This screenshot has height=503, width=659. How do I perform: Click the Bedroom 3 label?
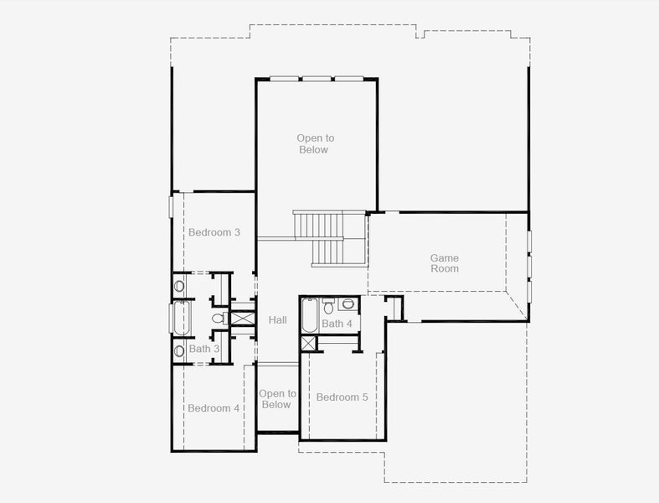[x=214, y=232]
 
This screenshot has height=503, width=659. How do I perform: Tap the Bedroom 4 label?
[x=214, y=408]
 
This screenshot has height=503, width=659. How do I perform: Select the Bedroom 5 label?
[x=342, y=397]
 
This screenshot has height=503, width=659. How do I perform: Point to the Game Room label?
[x=445, y=263]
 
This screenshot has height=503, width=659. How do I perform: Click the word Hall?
[x=277, y=320]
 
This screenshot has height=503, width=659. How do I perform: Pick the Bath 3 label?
[x=203, y=349]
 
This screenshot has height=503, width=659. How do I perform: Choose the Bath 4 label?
[x=337, y=324]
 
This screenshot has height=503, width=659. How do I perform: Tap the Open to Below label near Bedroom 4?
[x=277, y=399]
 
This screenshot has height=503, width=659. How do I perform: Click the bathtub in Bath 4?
[x=309, y=316]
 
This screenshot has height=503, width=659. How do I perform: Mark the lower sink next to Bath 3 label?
[x=179, y=350]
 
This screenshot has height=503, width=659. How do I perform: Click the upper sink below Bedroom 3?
[x=179, y=286]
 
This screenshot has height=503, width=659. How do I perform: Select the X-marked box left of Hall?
[x=242, y=319]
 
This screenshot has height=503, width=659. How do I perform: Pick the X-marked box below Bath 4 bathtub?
[x=309, y=342]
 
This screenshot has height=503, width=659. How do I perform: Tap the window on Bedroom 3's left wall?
[x=171, y=205]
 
